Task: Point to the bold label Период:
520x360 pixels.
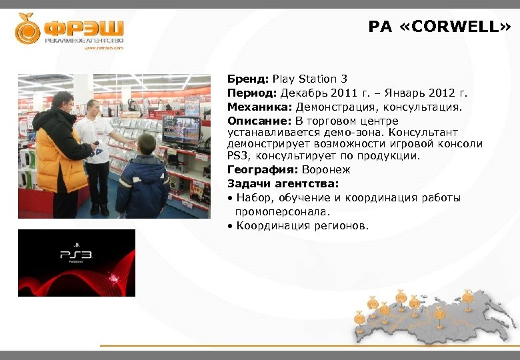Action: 252,92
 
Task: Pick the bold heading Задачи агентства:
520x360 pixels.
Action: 283,183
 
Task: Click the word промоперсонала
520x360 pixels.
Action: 283,211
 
